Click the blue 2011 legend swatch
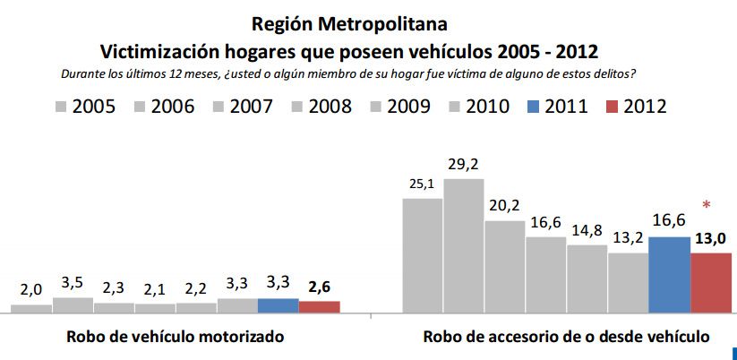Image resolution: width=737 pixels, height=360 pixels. point(533,107)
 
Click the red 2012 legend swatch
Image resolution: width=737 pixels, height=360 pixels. point(611,107)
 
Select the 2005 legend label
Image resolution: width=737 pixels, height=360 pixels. point(93,107)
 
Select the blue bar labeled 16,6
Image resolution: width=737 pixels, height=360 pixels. point(669,275)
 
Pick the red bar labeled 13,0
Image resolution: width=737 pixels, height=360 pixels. point(711,283)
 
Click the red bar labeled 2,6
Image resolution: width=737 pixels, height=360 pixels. point(319,307)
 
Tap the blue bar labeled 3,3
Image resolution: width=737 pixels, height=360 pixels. point(278,305)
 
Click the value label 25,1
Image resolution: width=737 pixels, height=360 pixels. point(422,184)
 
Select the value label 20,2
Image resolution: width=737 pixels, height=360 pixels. point(504,205)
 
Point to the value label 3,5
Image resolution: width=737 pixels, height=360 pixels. point(73,284)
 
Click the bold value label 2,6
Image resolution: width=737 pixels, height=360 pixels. point(319,287)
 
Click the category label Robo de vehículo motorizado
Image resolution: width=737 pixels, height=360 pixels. point(176,338)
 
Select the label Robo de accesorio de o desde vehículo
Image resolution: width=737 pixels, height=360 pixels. point(566,338)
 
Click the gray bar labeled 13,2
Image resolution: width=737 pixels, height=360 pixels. point(628,283)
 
